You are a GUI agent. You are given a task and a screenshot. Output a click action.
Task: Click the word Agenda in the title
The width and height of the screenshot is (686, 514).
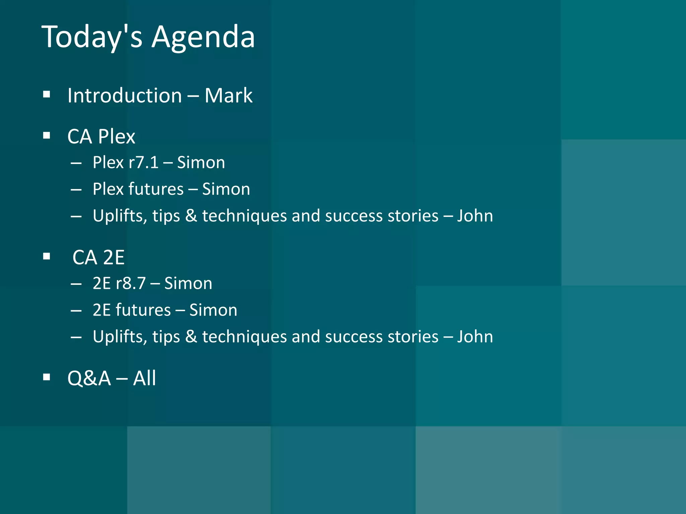click(x=203, y=37)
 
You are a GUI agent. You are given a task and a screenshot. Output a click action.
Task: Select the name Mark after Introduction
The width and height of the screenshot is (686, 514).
click(x=228, y=96)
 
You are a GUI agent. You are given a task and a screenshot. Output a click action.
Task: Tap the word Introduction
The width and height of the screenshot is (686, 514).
click(x=125, y=96)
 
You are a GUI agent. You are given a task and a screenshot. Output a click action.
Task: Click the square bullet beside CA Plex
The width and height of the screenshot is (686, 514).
click(x=47, y=136)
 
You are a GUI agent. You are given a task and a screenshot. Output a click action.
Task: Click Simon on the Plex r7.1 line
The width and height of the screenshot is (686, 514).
click(x=201, y=163)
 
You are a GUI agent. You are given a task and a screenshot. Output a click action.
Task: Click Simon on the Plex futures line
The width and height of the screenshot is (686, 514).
click(x=226, y=189)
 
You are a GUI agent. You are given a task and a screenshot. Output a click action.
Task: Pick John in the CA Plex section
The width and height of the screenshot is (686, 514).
click(x=475, y=216)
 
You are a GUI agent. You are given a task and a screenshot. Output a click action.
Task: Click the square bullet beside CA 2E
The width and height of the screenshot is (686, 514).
click(x=47, y=257)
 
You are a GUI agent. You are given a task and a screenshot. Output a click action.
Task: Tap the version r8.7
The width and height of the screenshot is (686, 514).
click(x=131, y=284)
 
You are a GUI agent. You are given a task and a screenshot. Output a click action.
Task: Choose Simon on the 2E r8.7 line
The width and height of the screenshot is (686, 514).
click(x=188, y=284)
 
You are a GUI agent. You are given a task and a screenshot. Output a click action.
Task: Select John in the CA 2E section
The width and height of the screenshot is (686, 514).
click(x=475, y=337)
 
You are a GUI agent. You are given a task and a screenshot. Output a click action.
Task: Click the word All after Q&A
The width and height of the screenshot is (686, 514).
click(x=144, y=378)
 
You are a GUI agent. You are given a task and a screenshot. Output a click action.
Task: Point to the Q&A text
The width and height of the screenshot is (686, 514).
click(x=89, y=378)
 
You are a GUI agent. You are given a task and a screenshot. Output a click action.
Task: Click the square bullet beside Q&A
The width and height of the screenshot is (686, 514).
click(x=47, y=377)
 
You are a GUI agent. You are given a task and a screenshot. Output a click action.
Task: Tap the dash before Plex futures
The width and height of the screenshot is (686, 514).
click(x=76, y=190)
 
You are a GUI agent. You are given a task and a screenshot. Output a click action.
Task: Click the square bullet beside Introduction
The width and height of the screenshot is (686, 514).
click(x=47, y=95)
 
